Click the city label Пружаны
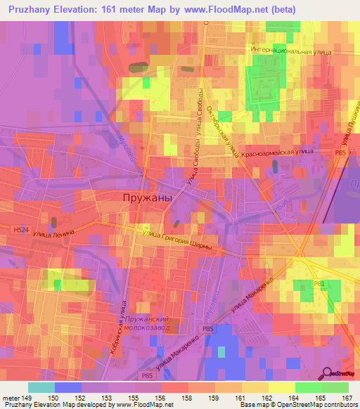click(147, 198)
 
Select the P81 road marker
click(319, 283)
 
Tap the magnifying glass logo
click(326, 374)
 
